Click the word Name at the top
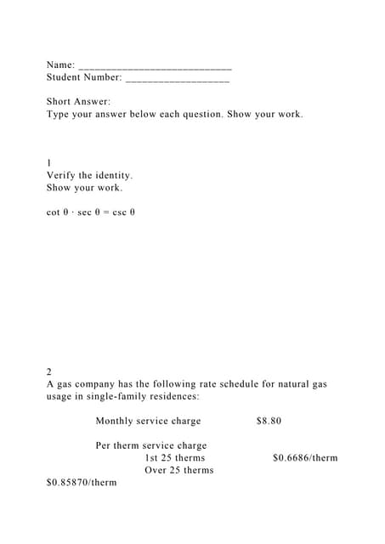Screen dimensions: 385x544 59,65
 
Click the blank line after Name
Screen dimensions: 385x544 155,65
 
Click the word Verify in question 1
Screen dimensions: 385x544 63,175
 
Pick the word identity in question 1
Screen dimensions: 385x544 111,175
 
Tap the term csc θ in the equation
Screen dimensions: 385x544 124,212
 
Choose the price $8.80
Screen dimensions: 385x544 269,421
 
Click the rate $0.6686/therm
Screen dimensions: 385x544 305,457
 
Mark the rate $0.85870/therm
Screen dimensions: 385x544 82,483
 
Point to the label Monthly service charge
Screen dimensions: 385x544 148,421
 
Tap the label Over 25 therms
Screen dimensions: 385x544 178,470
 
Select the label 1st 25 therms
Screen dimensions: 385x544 174,457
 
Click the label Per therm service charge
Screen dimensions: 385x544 151,445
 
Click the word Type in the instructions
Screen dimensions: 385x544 59,114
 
